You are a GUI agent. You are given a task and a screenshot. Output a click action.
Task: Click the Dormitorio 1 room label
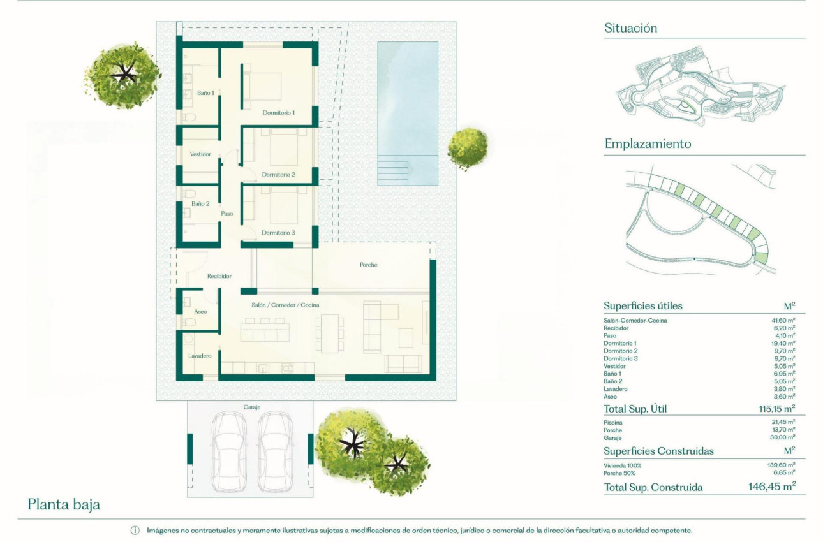[x=279, y=113]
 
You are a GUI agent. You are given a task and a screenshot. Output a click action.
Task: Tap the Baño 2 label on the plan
[x=200, y=204]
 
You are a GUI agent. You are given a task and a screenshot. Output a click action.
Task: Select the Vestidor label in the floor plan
[x=200, y=154]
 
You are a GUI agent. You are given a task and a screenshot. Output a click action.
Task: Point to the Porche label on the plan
[x=368, y=265]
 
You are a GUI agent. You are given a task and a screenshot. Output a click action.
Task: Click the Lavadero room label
[x=200, y=356]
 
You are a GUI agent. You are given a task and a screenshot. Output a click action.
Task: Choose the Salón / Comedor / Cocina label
[x=285, y=305]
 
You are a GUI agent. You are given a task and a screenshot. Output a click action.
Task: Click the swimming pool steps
[x=392, y=170]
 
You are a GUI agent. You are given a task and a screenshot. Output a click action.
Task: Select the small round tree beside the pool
[x=468, y=148]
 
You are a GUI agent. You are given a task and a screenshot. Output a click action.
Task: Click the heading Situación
[x=630, y=28]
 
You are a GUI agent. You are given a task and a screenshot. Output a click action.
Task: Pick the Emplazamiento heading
[x=648, y=144]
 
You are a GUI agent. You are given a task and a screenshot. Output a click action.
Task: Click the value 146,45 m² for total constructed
[x=771, y=487]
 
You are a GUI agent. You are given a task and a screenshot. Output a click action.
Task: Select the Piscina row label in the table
[x=613, y=422]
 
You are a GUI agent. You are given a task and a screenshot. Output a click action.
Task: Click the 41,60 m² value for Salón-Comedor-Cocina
[x=783, y=321]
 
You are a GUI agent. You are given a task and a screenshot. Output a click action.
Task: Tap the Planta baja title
[x=64, y=505]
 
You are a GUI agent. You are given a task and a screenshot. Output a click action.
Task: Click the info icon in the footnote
[x=135, y=531]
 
